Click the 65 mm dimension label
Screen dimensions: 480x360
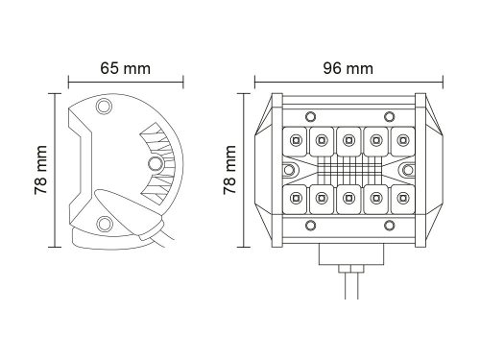point(125,68)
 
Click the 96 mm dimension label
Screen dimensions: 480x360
point(348,68)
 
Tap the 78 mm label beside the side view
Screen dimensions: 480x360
point(40,170)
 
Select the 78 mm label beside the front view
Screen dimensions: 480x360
point(229,170)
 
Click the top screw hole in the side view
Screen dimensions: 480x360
point(104,106)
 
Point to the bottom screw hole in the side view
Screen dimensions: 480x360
point(104,224)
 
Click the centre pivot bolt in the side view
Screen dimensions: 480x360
point(156,163)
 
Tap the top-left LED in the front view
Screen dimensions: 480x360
point(296,140)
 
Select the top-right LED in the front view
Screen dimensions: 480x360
point(402,140)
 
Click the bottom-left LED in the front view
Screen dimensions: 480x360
point(296,199)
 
